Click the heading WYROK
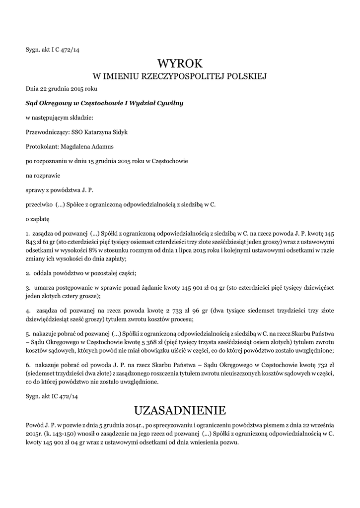[x=180, y=63]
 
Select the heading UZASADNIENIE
[x=180, y=410]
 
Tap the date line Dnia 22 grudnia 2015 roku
[x=62, y=89]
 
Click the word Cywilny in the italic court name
[x=170, y=103]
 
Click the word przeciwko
[x=39, y=204]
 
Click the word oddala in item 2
[x=45, y=273]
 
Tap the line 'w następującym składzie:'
[x=59, y=118]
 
